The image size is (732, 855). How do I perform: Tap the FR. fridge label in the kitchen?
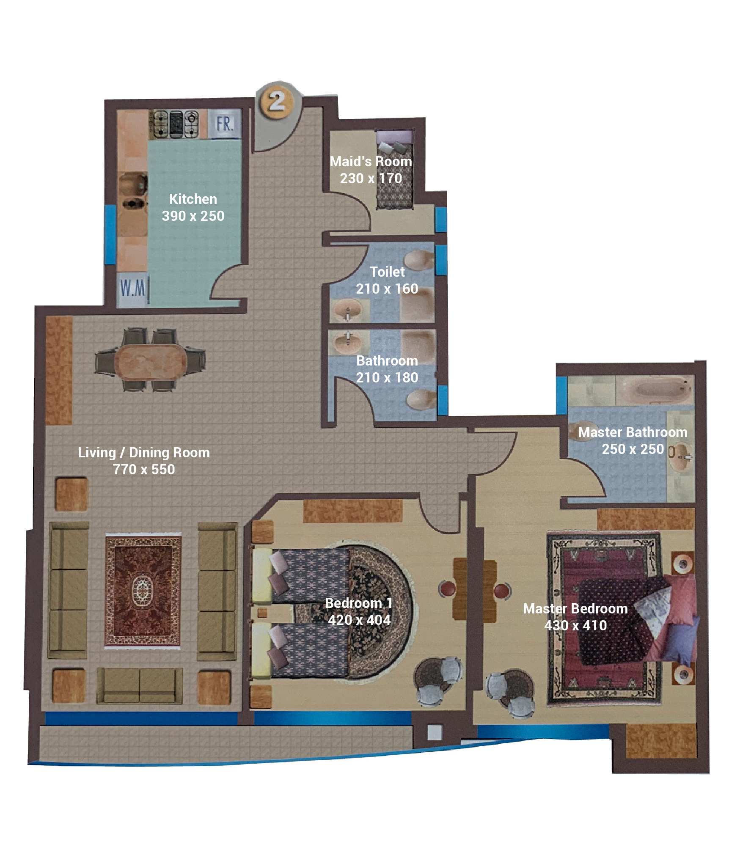224,124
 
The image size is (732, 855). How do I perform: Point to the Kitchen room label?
193,199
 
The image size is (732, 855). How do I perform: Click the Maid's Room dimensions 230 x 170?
371,178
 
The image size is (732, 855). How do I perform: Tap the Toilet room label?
387,272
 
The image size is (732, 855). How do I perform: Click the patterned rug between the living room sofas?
143,591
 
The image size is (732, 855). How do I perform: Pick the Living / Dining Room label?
144,452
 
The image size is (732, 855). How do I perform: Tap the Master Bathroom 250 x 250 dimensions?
633,449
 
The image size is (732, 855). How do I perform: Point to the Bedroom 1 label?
359,603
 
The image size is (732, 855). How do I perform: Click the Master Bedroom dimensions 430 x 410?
575,625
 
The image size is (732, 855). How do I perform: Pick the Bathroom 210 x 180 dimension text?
387,377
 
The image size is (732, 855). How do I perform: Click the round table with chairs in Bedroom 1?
437,681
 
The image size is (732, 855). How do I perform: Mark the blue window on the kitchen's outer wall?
110,235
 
